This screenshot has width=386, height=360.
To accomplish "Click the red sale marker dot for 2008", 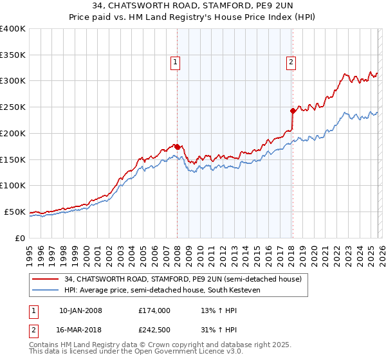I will coord(177,147).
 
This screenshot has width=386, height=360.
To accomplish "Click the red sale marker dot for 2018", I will coord(293,111).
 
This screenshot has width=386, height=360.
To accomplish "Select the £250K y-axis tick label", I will coord(13,107).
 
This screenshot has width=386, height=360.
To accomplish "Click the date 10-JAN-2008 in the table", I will coord(80,310).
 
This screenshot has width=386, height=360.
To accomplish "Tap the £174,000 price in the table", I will coord(154,310).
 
